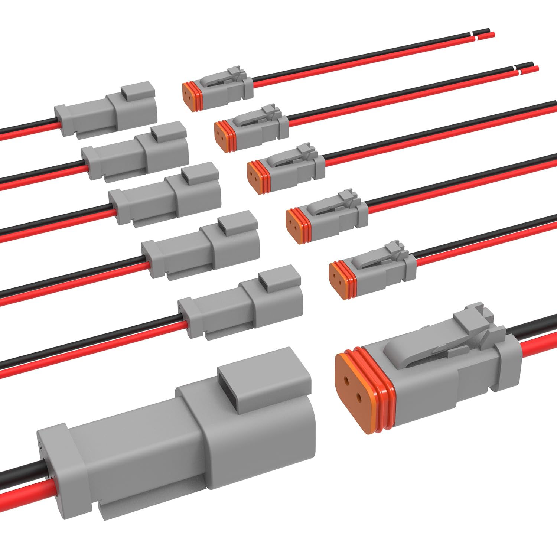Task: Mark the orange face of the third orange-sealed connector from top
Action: [255, 177]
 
